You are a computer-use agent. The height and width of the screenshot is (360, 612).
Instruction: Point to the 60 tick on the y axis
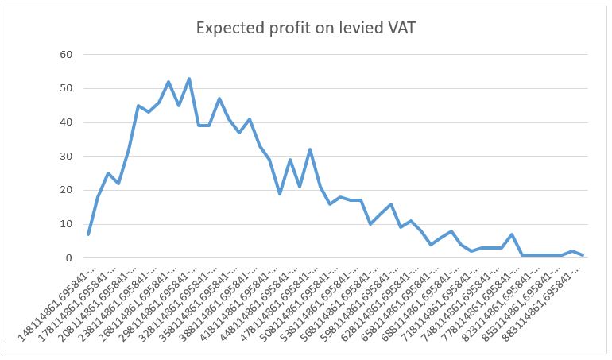[66, 55]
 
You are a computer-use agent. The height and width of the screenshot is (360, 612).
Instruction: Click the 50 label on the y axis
[66, 88]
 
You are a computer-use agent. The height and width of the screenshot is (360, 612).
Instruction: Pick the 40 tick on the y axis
[66, 122]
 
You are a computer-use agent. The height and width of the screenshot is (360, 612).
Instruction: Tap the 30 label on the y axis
[66, 157]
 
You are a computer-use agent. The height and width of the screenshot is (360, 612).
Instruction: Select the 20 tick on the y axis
[66, 190]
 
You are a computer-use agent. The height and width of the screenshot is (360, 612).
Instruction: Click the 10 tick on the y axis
[66, 224]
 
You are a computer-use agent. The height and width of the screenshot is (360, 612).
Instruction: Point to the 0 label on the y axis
[69, 258]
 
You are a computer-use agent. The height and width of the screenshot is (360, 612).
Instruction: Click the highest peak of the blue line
[189, 79]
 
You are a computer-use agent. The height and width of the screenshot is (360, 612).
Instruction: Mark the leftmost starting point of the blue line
[88, 234]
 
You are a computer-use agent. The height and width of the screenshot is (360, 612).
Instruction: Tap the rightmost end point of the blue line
[583, 255]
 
